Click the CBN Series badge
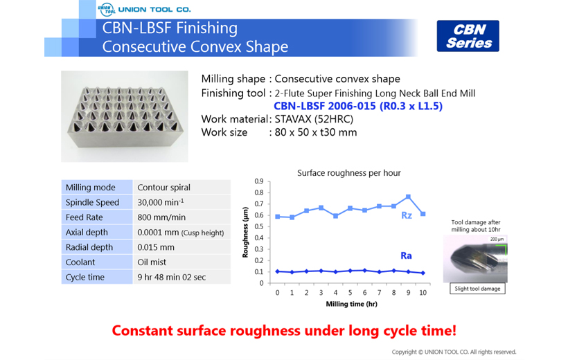coord(468,36)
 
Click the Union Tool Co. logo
coord(144,10)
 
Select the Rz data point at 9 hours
coord(408,197)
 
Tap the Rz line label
coord(407,215)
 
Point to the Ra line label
coord(406,255)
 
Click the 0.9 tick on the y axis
coord(258,181)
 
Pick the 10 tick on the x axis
coord(423,293)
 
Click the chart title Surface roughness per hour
coord(349,173)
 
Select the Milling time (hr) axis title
coord(351,304)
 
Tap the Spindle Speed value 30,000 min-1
coord(161,202)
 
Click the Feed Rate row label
coord(84,217)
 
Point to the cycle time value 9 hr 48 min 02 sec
coord(171,278)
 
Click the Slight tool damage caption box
coord(477,289)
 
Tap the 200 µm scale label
coord(497,239)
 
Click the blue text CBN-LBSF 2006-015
coord(325,106)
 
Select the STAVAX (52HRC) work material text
coord(314,119)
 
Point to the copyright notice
coord(454,352)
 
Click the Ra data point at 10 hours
coord(423,273)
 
